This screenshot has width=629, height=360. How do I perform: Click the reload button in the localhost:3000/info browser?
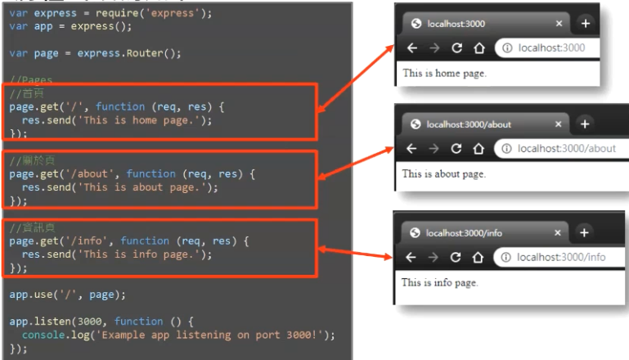(456, 257)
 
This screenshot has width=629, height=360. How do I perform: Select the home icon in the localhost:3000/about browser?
(478, 149)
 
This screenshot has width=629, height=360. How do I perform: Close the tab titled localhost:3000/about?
(559, 124)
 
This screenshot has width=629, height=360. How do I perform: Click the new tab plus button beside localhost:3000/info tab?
(584, 232)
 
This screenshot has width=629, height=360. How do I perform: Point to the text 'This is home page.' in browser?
(444, 73)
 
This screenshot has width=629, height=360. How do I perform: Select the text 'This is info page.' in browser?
(439, 282)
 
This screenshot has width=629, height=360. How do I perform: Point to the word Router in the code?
(154, 53)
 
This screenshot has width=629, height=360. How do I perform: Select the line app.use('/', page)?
(68, 294)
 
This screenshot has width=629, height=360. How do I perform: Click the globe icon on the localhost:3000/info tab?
(416, 233)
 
